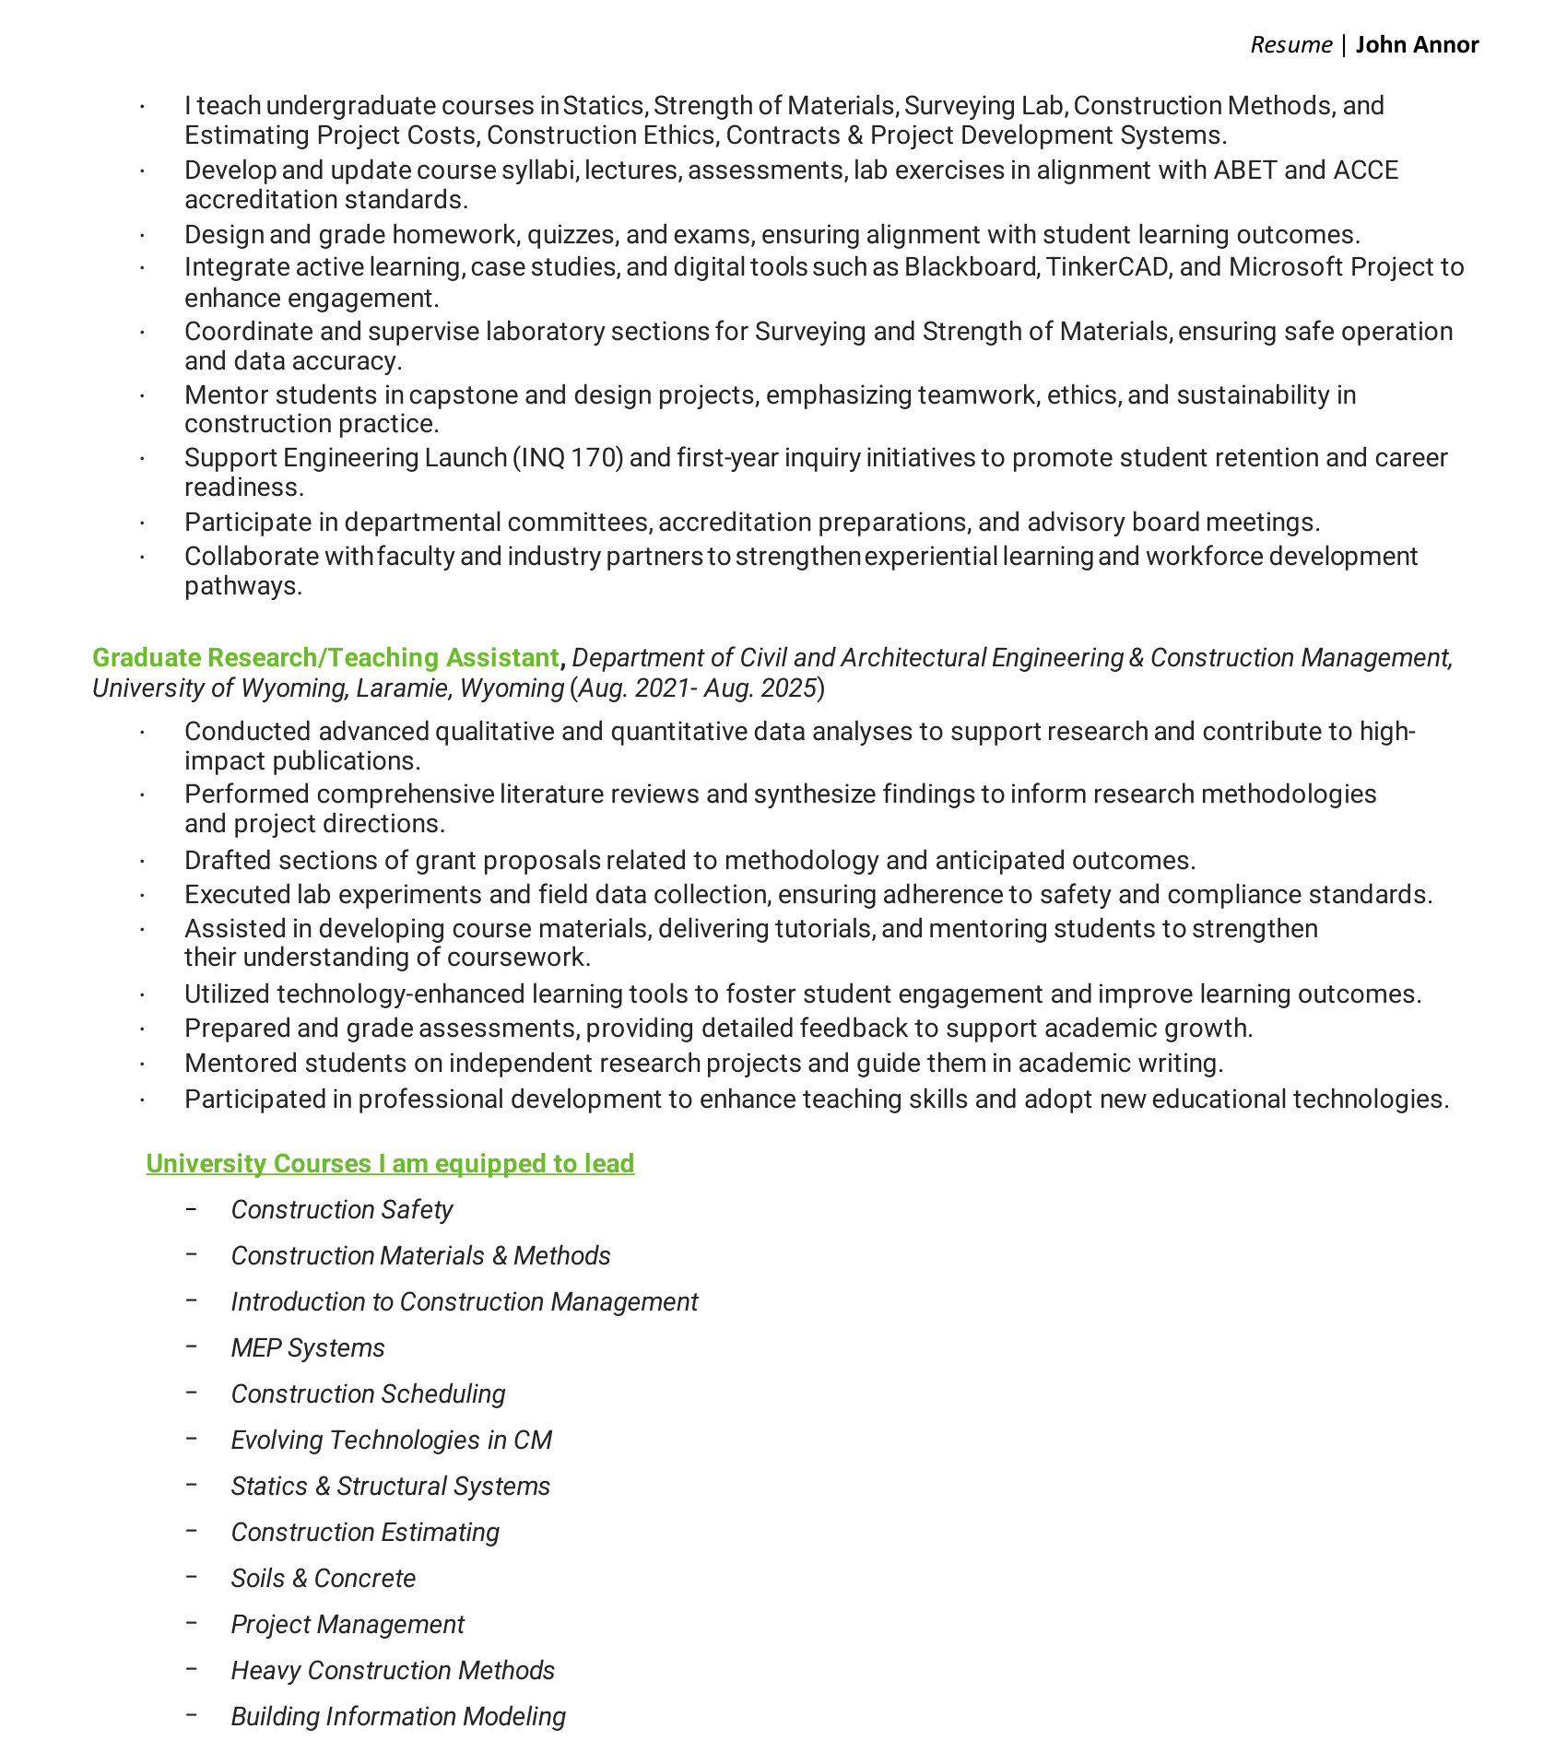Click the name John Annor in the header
(x=1417, y=44)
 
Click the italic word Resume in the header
(x=1290, y=45)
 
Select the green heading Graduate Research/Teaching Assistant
(x=325, y=657)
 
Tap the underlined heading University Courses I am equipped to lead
(x=390, y=1163)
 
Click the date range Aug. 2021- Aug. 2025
(x=698, y=688)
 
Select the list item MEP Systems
(x=308, y=1347)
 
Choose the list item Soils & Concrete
(x=324, y=1578)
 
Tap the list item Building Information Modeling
(x=398, y=1716)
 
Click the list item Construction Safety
(x=342, y=1209)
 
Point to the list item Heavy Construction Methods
(x=393, y=1670)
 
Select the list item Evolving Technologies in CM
(x=392, y=1440)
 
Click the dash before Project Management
(x=192, y=1622)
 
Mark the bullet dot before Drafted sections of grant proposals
(x=143, y=861)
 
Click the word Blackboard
(x=971, y=266)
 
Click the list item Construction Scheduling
(x=368, y=1394)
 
